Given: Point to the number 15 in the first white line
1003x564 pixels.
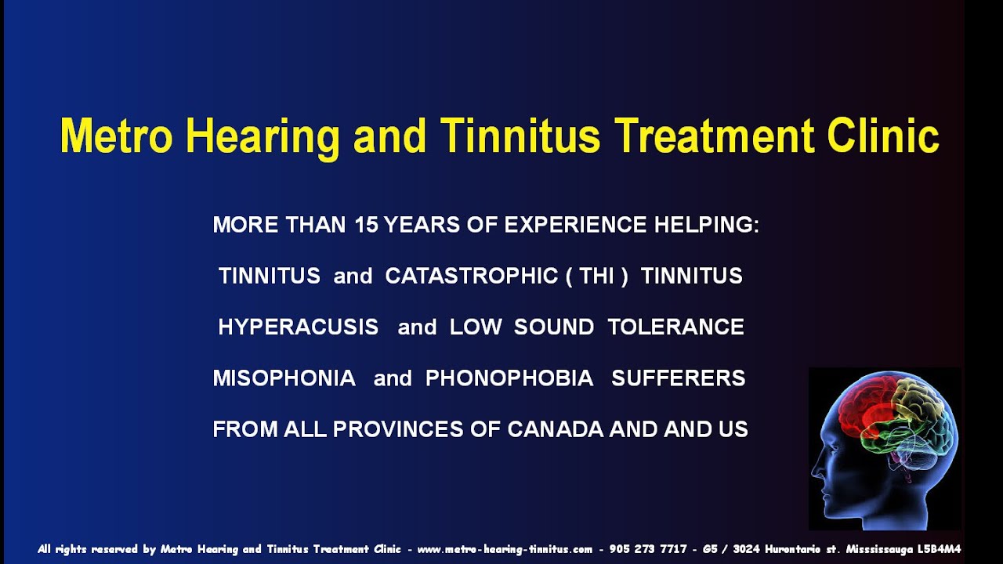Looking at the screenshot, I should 366,226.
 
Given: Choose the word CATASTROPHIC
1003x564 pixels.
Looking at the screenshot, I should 471,277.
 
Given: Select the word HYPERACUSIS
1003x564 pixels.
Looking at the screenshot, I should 298,327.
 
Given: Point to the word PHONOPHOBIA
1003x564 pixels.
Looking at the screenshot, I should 509,378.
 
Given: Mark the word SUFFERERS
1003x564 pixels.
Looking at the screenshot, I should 678,378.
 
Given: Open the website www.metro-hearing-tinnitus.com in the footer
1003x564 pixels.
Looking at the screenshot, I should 504,549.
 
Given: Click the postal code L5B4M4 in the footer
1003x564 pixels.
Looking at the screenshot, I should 939,549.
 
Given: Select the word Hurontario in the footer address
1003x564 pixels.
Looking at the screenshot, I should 794,549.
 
